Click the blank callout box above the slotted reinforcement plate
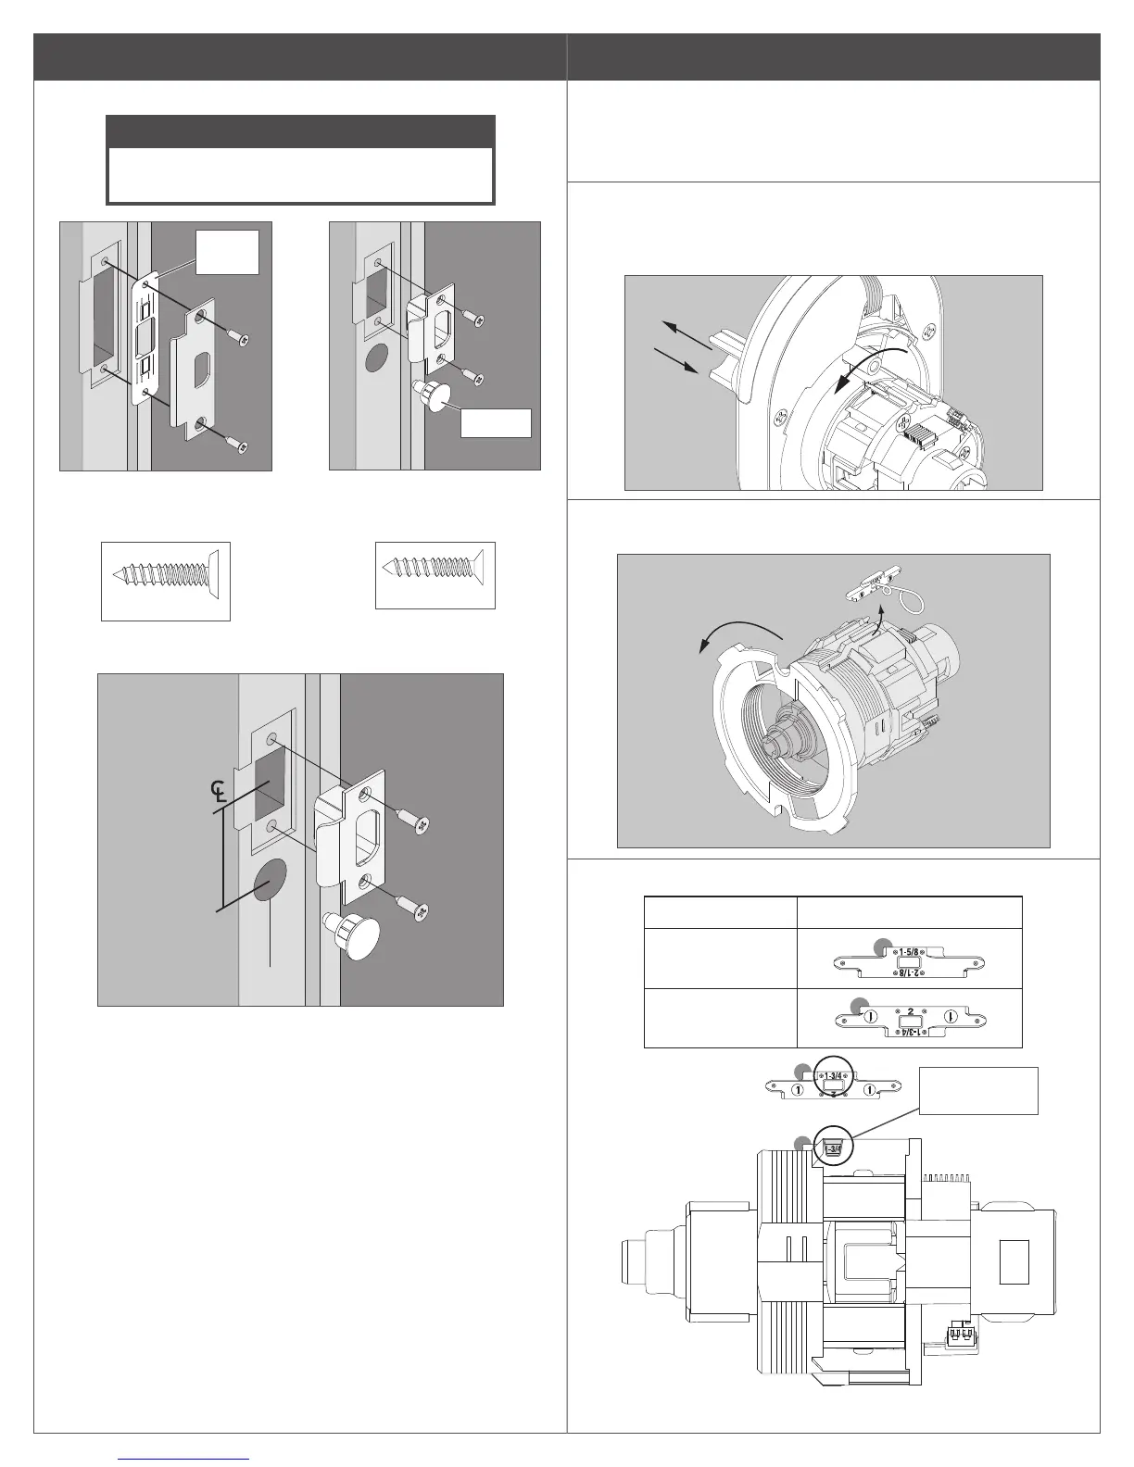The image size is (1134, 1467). point(227,252)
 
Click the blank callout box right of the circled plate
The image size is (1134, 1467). point(978,1090)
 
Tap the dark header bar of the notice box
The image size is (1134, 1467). point(300,132)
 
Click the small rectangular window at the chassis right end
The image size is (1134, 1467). point(1014,1261)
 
